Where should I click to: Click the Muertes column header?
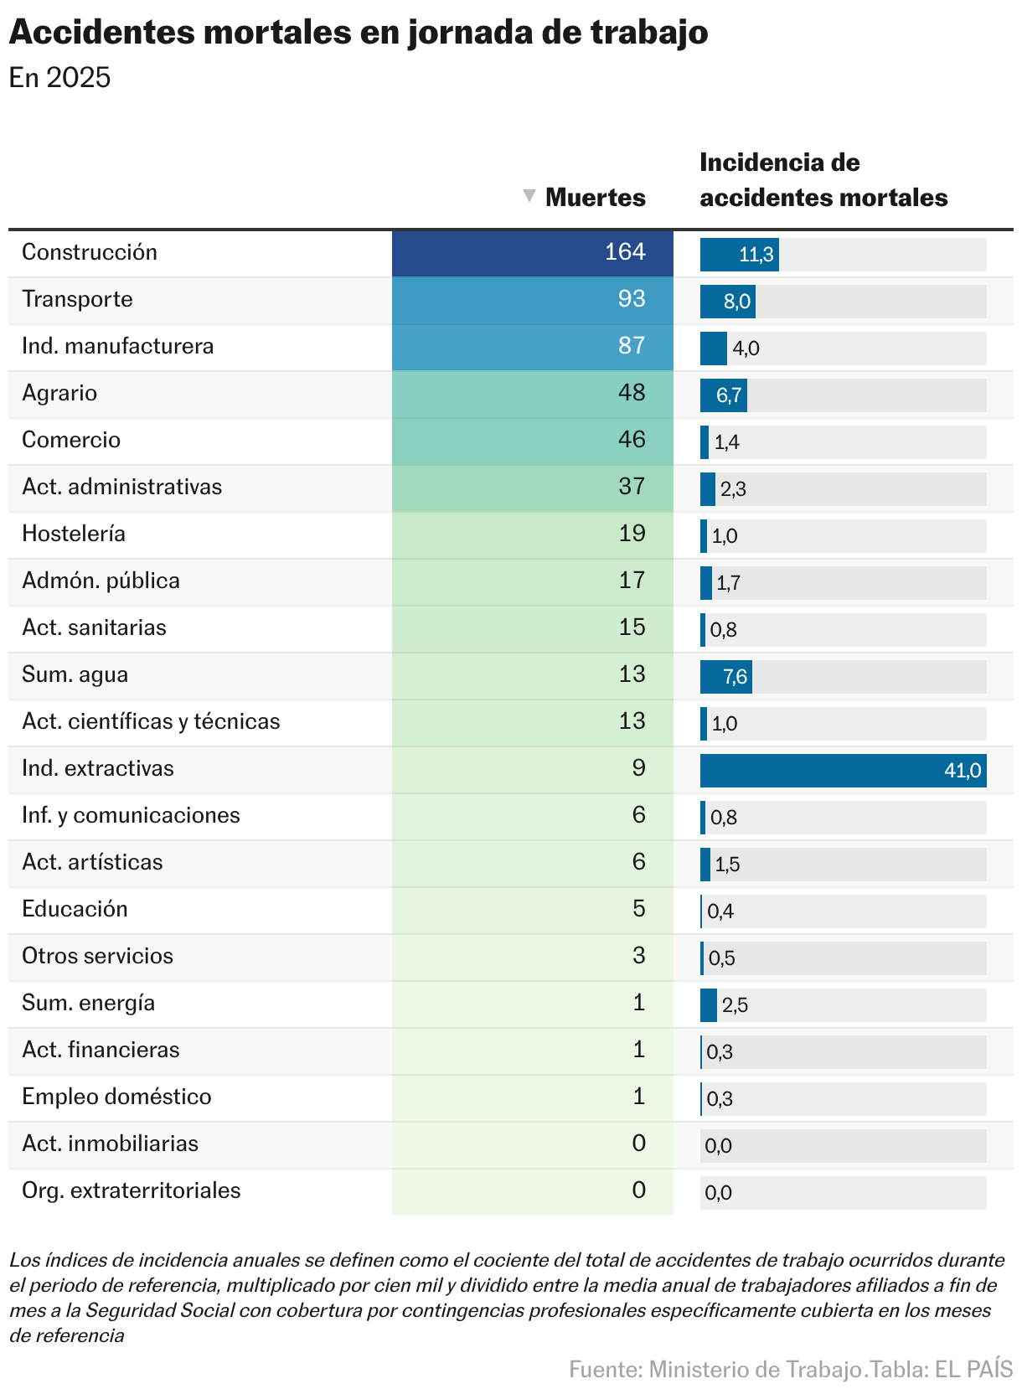[595, 198]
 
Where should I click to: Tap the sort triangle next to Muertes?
[529, 196]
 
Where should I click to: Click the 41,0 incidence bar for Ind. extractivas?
[843, 771]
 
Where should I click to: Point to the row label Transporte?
[77, 299]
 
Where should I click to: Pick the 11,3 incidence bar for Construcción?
[740, 255]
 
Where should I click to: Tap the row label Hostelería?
[74, 534]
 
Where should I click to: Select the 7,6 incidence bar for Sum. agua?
[726, 677]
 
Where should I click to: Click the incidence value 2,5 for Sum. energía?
[735, 1005]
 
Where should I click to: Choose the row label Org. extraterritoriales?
[132, 1190]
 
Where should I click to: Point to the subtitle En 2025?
[59, 78]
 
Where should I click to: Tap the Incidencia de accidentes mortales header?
[823, 180]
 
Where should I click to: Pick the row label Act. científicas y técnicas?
[151, 721]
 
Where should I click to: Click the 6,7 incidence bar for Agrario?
[724, 395]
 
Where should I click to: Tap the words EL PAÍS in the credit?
[973, 1370]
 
